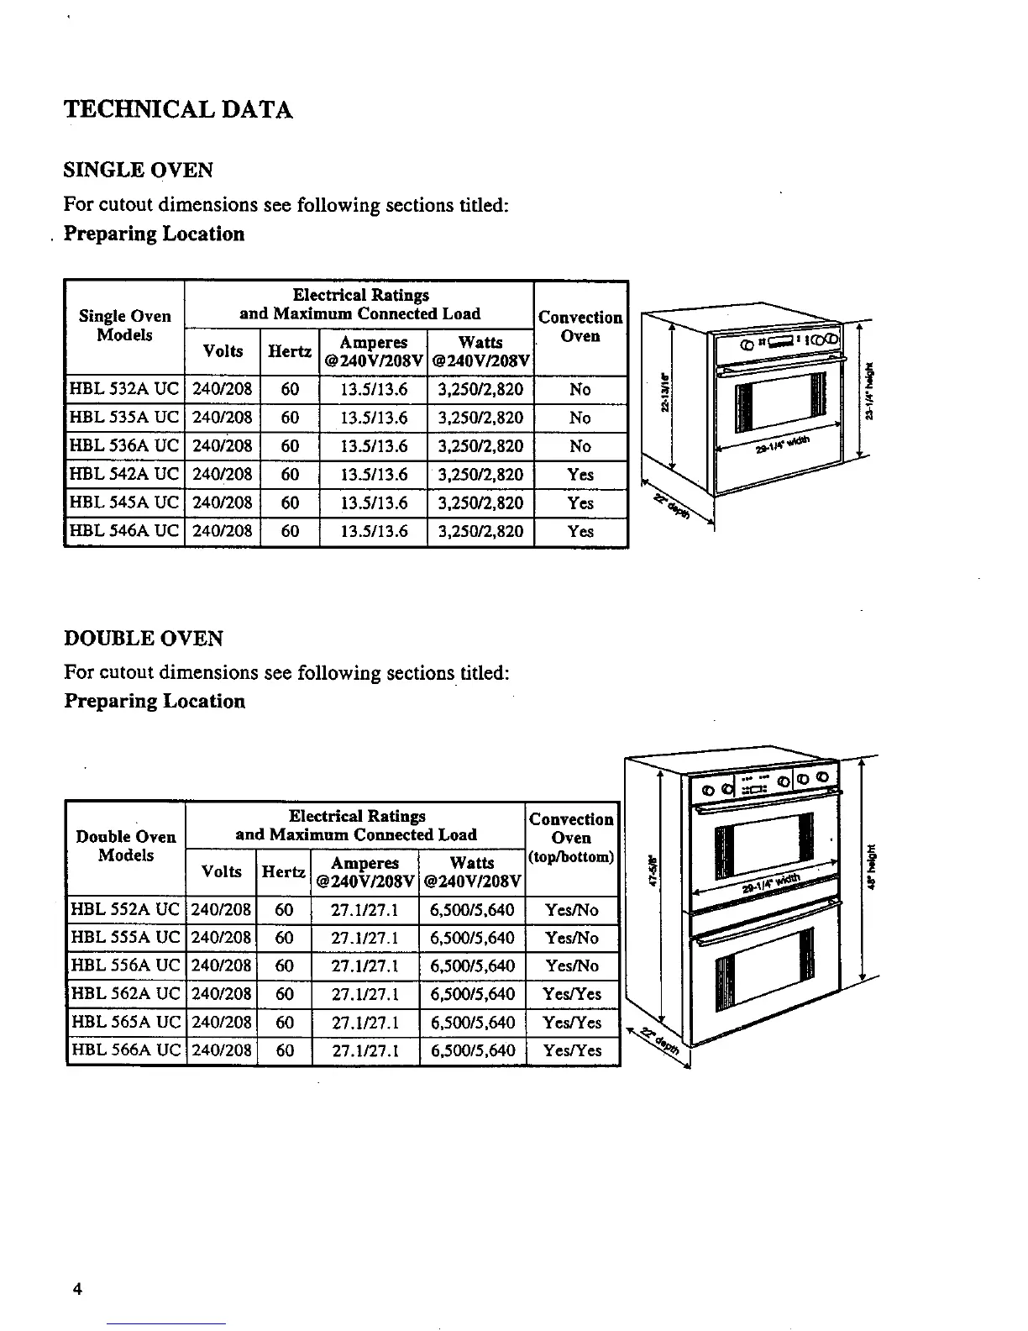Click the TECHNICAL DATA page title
(178, 110)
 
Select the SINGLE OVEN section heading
(139, 171)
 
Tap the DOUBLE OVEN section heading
(144, 639)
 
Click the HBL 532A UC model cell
(124, 390)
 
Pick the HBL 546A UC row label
(124, 532)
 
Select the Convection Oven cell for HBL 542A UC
(580, 475)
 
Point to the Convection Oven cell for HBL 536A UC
(580, 446)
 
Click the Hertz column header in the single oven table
(290, 352)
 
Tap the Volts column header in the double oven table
(222, 872)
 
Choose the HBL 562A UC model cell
(126, 995)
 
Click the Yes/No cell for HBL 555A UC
(572, 939)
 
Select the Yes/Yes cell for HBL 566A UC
(572, 1051)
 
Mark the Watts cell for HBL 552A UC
(472, 910)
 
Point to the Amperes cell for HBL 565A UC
(365, 1023)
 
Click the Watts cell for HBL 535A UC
(480, 418)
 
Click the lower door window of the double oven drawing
(763, 962)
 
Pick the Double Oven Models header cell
(126, 846)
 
